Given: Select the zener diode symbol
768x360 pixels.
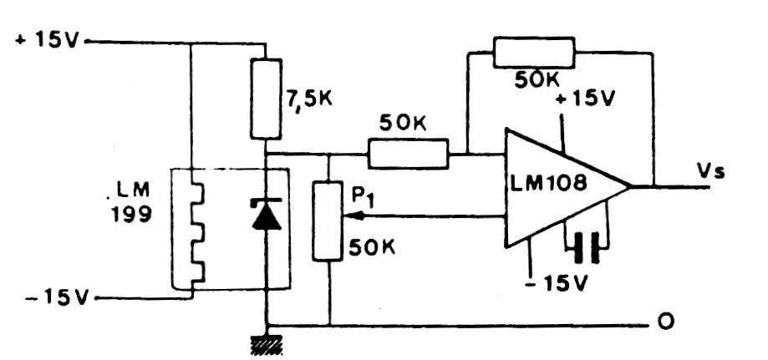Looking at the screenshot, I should coord(267,214).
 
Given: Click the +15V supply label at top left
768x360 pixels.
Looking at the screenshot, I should coord(45,40).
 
